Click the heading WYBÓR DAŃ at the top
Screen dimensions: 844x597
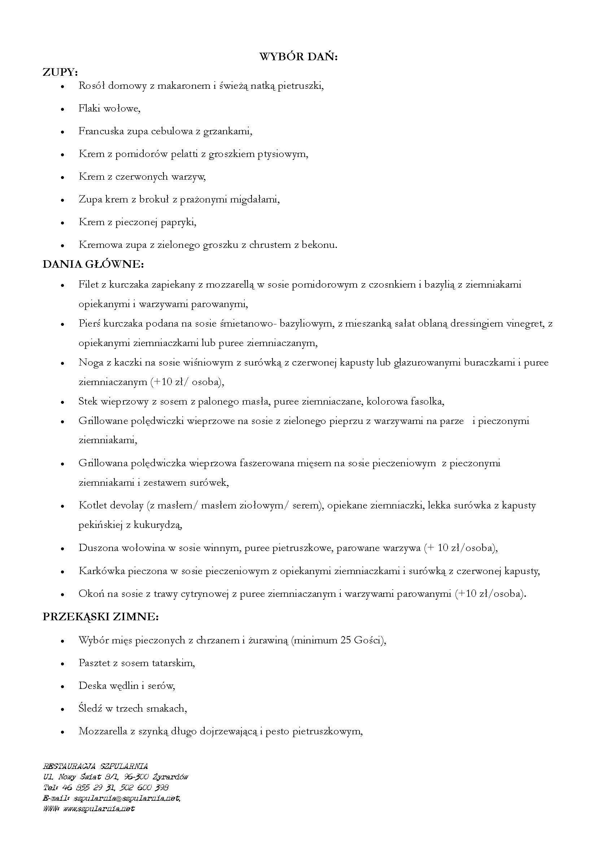click(x=298, y=57)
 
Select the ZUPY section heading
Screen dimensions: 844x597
click(x=60, y=72)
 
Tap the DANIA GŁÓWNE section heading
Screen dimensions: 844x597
click(x=93, y=264)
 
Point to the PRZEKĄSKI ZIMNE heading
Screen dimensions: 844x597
click(x=100, y=617)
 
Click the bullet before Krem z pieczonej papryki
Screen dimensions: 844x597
click(x=63, y=223)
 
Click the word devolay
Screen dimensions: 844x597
click(x=126, y=506)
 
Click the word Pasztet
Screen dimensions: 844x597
click(x=94, y=663)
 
